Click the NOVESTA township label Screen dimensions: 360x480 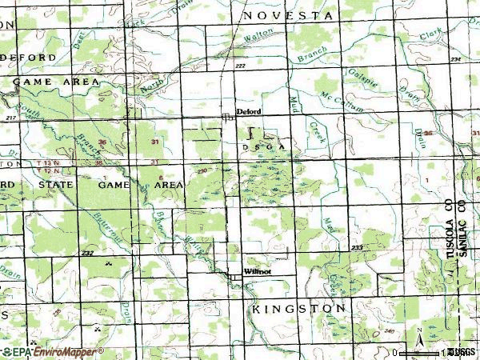[287, 15]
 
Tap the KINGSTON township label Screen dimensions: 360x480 [298, 308]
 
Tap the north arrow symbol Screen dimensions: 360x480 [419, 334]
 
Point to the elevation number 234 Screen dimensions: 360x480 [456, 60]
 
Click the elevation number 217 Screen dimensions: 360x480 [10, 118]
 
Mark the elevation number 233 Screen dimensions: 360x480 [357, 249]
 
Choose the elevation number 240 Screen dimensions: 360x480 [389, 330]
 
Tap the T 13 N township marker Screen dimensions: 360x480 [48, 162]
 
